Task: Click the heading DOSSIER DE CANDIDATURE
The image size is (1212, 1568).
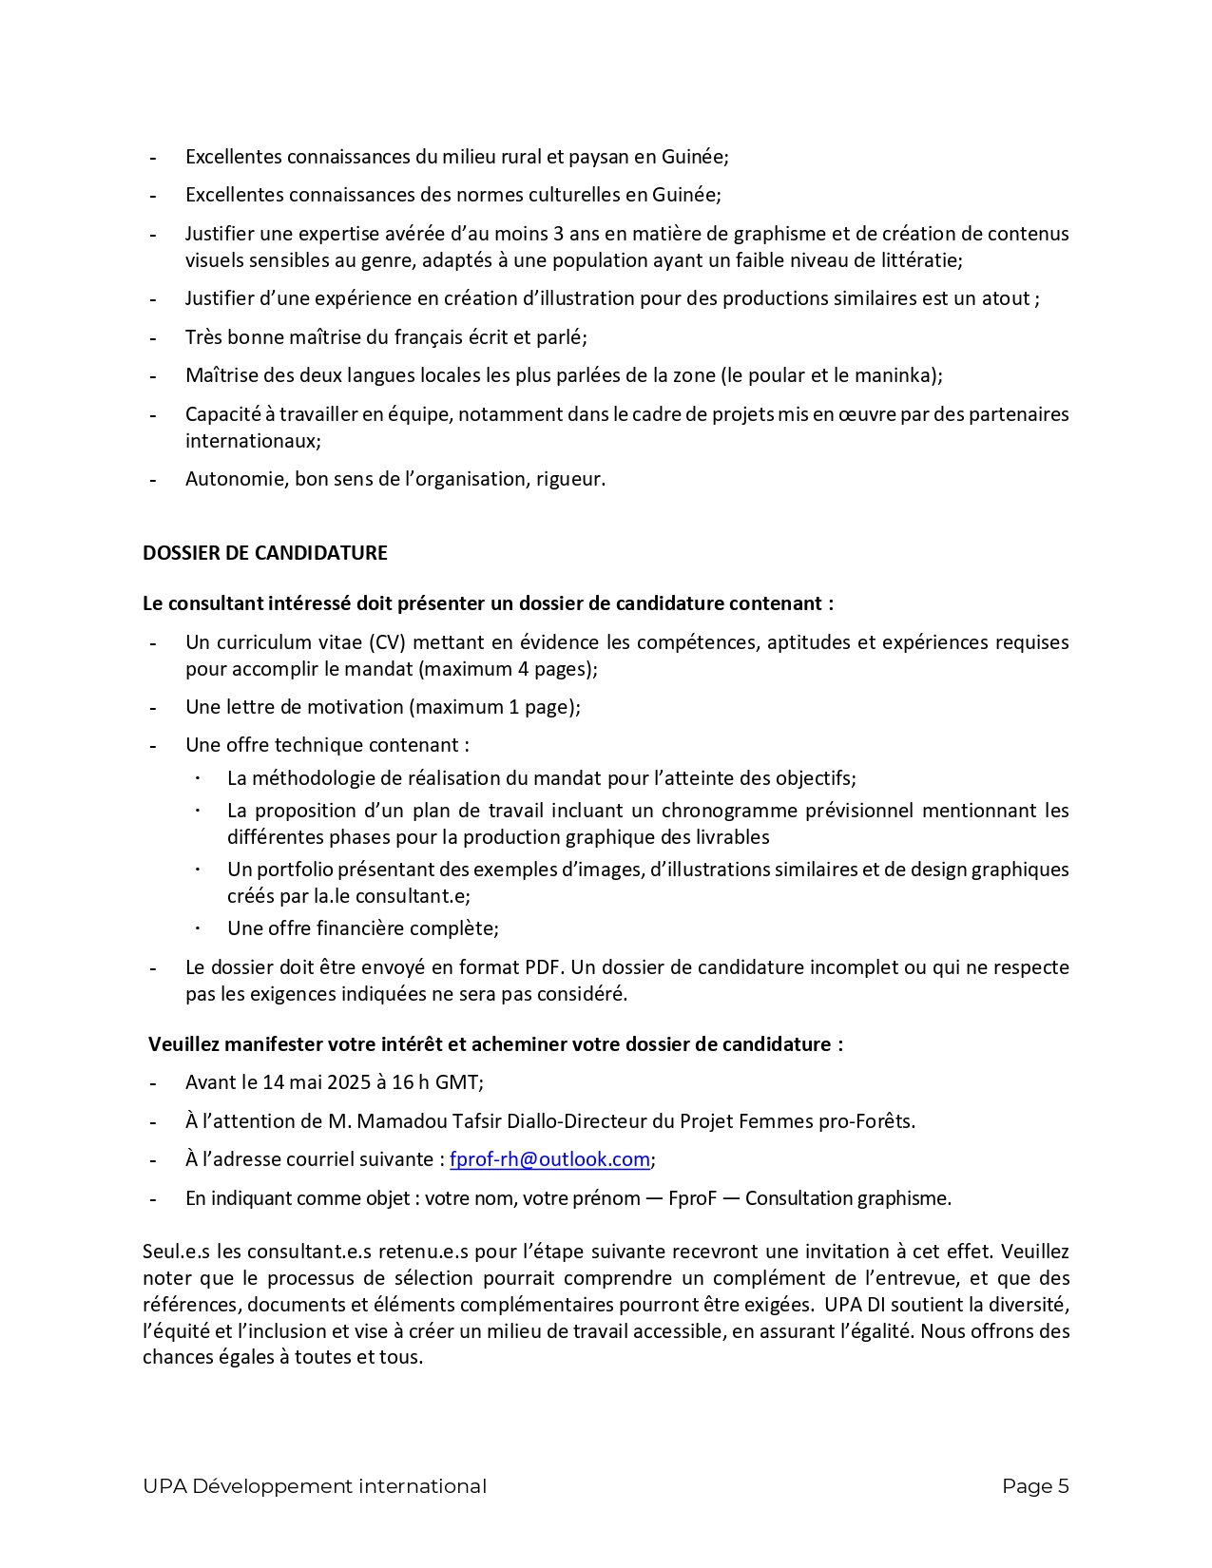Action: tap(264, 553)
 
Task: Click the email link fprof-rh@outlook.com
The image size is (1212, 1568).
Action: tap(549, 1159)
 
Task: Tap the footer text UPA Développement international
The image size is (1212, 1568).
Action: tap(314, 1486)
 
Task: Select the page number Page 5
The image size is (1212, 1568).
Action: tap(1035, 1486)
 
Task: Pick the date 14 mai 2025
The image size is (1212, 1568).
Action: tap(310, 1082)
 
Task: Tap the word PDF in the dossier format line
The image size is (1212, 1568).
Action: tap(543, 967)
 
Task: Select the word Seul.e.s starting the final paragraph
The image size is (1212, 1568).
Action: tap(177, 1252)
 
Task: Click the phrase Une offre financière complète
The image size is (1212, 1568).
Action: tap(362, 928)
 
